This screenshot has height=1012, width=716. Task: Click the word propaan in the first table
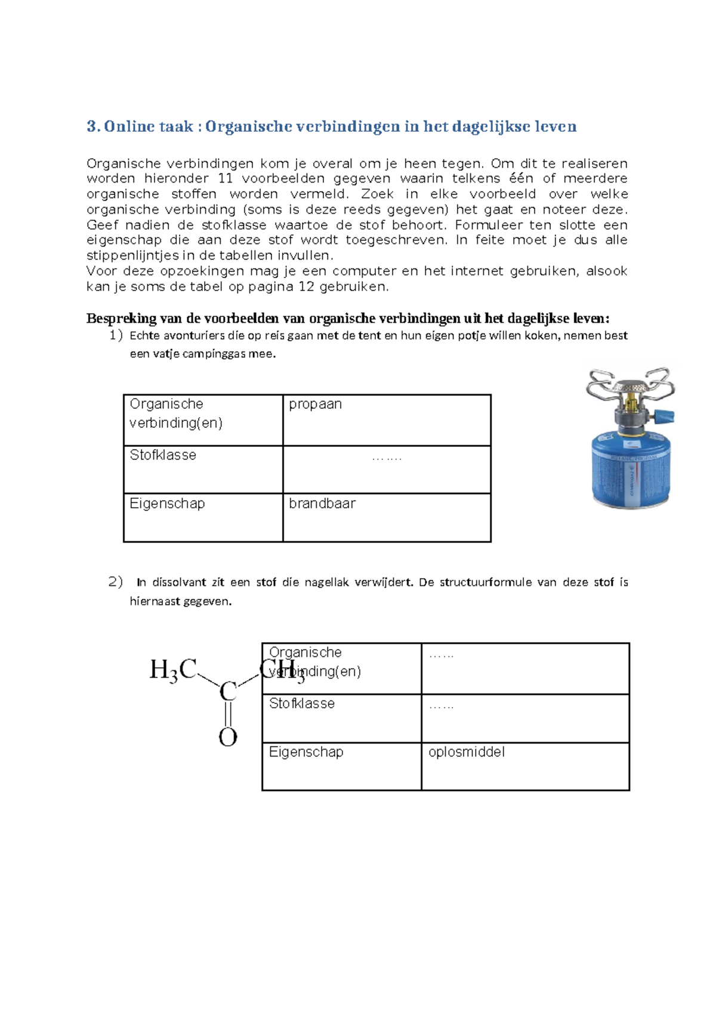pos(315,405)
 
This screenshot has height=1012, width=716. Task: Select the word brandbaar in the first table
pos(322,504)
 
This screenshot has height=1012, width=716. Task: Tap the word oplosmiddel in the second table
pos(467,752)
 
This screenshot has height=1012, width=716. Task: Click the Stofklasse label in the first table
pos(163,455)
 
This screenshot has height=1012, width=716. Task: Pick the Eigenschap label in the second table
pos(306,752)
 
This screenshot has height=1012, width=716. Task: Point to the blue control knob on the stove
pos(666,416)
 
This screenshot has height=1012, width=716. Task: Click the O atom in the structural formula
pos(228,738)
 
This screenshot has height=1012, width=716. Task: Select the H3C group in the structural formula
pos(172,670)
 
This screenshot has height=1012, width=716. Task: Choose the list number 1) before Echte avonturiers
pos(116,335)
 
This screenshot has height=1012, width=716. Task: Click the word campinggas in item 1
pos(214,354)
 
